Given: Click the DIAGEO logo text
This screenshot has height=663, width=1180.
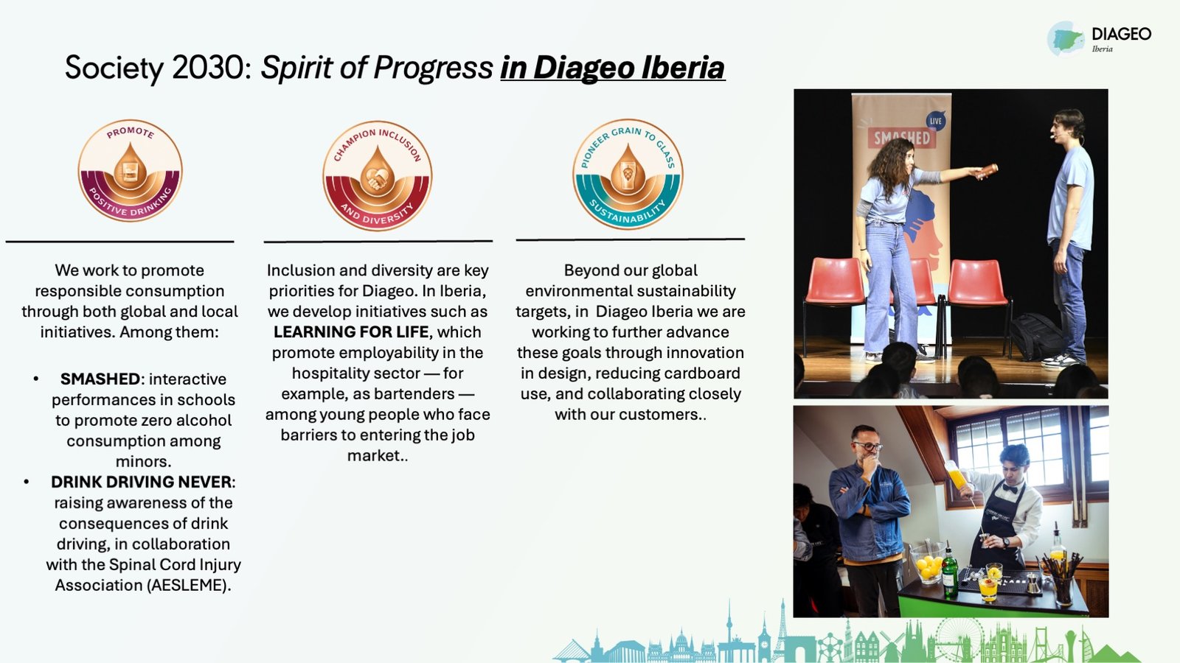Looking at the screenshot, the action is [x=1122, y=34].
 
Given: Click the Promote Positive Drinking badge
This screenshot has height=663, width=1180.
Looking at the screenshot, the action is [x=130, y=170].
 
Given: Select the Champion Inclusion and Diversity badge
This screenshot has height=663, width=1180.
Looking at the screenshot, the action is [x=377, y=176].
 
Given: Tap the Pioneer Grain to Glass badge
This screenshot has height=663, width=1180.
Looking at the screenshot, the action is [x=628, y=174].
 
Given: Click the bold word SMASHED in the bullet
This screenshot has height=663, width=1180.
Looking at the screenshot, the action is [x=100, y=379].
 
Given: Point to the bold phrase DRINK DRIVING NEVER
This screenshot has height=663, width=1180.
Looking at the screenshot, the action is [x=141, y=482].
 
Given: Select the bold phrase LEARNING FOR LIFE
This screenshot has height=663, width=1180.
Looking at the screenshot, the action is [x=351, y=332].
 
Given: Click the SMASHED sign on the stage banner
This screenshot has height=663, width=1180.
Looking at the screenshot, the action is [x=902, y=138].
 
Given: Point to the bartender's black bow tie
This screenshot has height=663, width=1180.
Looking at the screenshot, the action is [x=1010, y=488].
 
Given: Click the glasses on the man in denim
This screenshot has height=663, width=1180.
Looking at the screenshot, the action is [x=868, y=446].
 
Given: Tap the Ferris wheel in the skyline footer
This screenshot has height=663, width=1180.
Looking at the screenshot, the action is [x=959, y=638].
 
